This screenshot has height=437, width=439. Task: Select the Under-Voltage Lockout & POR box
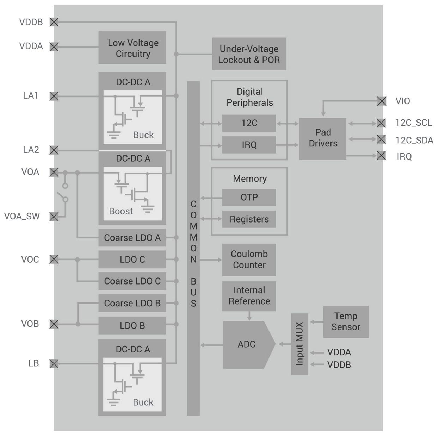[249, 54]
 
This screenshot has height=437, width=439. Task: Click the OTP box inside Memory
[249, 198]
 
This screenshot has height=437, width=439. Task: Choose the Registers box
[249, 219]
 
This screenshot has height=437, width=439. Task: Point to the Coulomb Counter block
[249, 260]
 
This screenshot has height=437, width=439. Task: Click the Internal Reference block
[249, 296]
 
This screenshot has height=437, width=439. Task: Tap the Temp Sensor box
[346, 322]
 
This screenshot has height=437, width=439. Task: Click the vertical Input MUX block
[299, 344]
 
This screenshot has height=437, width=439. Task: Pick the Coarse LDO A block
[132, 238]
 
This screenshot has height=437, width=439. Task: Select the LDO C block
[132, 260]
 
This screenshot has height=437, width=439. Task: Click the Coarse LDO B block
[132, 304]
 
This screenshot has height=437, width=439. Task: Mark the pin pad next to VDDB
[54, 22]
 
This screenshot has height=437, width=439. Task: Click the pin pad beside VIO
[382, 101]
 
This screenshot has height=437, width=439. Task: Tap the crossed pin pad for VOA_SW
[54, 217]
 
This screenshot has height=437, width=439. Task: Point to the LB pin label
[33, 363]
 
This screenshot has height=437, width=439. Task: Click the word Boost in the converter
[121, 211]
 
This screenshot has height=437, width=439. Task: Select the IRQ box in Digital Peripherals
[249, 145]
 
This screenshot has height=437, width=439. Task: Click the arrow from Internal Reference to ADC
[249, 316]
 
